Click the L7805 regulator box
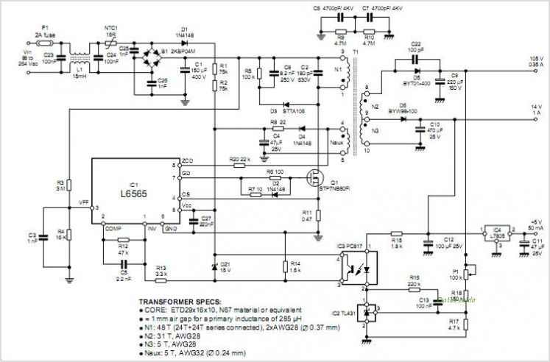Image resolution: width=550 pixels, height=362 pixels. pos(496,233)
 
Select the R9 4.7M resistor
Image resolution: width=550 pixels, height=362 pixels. pos(339,35)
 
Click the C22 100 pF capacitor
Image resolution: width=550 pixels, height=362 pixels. pos(415,57)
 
